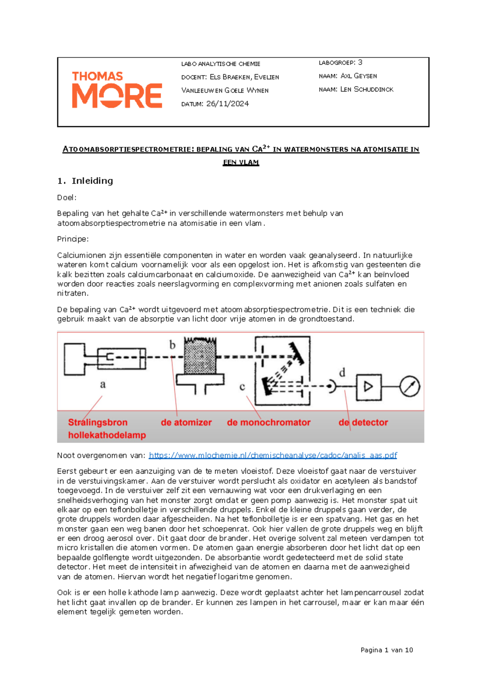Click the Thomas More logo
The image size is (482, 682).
pos(117,90)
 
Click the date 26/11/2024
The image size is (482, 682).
pos(227,104)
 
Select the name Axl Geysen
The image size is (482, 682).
pos(359,76)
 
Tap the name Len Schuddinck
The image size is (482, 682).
pos(367,89)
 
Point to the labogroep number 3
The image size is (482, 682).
pos(360,62)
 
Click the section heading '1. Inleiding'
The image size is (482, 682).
pos(85,181)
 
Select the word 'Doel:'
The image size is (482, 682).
pos(67,197)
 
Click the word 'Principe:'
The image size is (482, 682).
pos(73,239)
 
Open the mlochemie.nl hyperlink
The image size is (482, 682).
pos(273,455)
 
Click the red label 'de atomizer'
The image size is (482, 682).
pos(186,423)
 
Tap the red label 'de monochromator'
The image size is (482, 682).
pos(268,423)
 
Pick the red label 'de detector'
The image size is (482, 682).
pos(363,423)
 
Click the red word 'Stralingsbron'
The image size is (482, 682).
pos(98,423)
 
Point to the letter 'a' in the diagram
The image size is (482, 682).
pos(103,384)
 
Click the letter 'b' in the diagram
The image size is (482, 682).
pos(172,345)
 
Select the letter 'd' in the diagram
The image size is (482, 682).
pos(342,372)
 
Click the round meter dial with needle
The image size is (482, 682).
pos(409,386)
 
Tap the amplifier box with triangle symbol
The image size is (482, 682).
pos(369,387)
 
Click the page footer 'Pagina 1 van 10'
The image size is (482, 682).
pos(386,650)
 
